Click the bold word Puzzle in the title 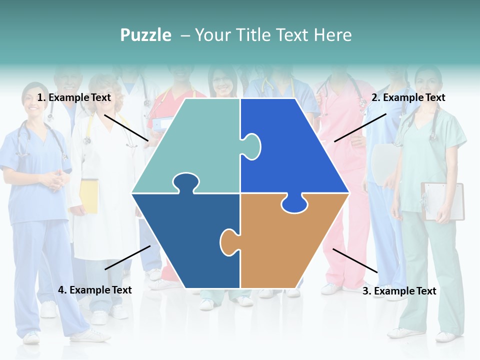(x=145, y=35)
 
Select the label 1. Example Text (x=74, y=97)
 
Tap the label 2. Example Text (x=408, y=97)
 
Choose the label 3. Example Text (x=399, y=291)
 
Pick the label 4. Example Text (x=95, y=290)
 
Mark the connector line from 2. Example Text (x=360, y=127)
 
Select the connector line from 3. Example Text (x=355, y=260)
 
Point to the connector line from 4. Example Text (x=127, y=257)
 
